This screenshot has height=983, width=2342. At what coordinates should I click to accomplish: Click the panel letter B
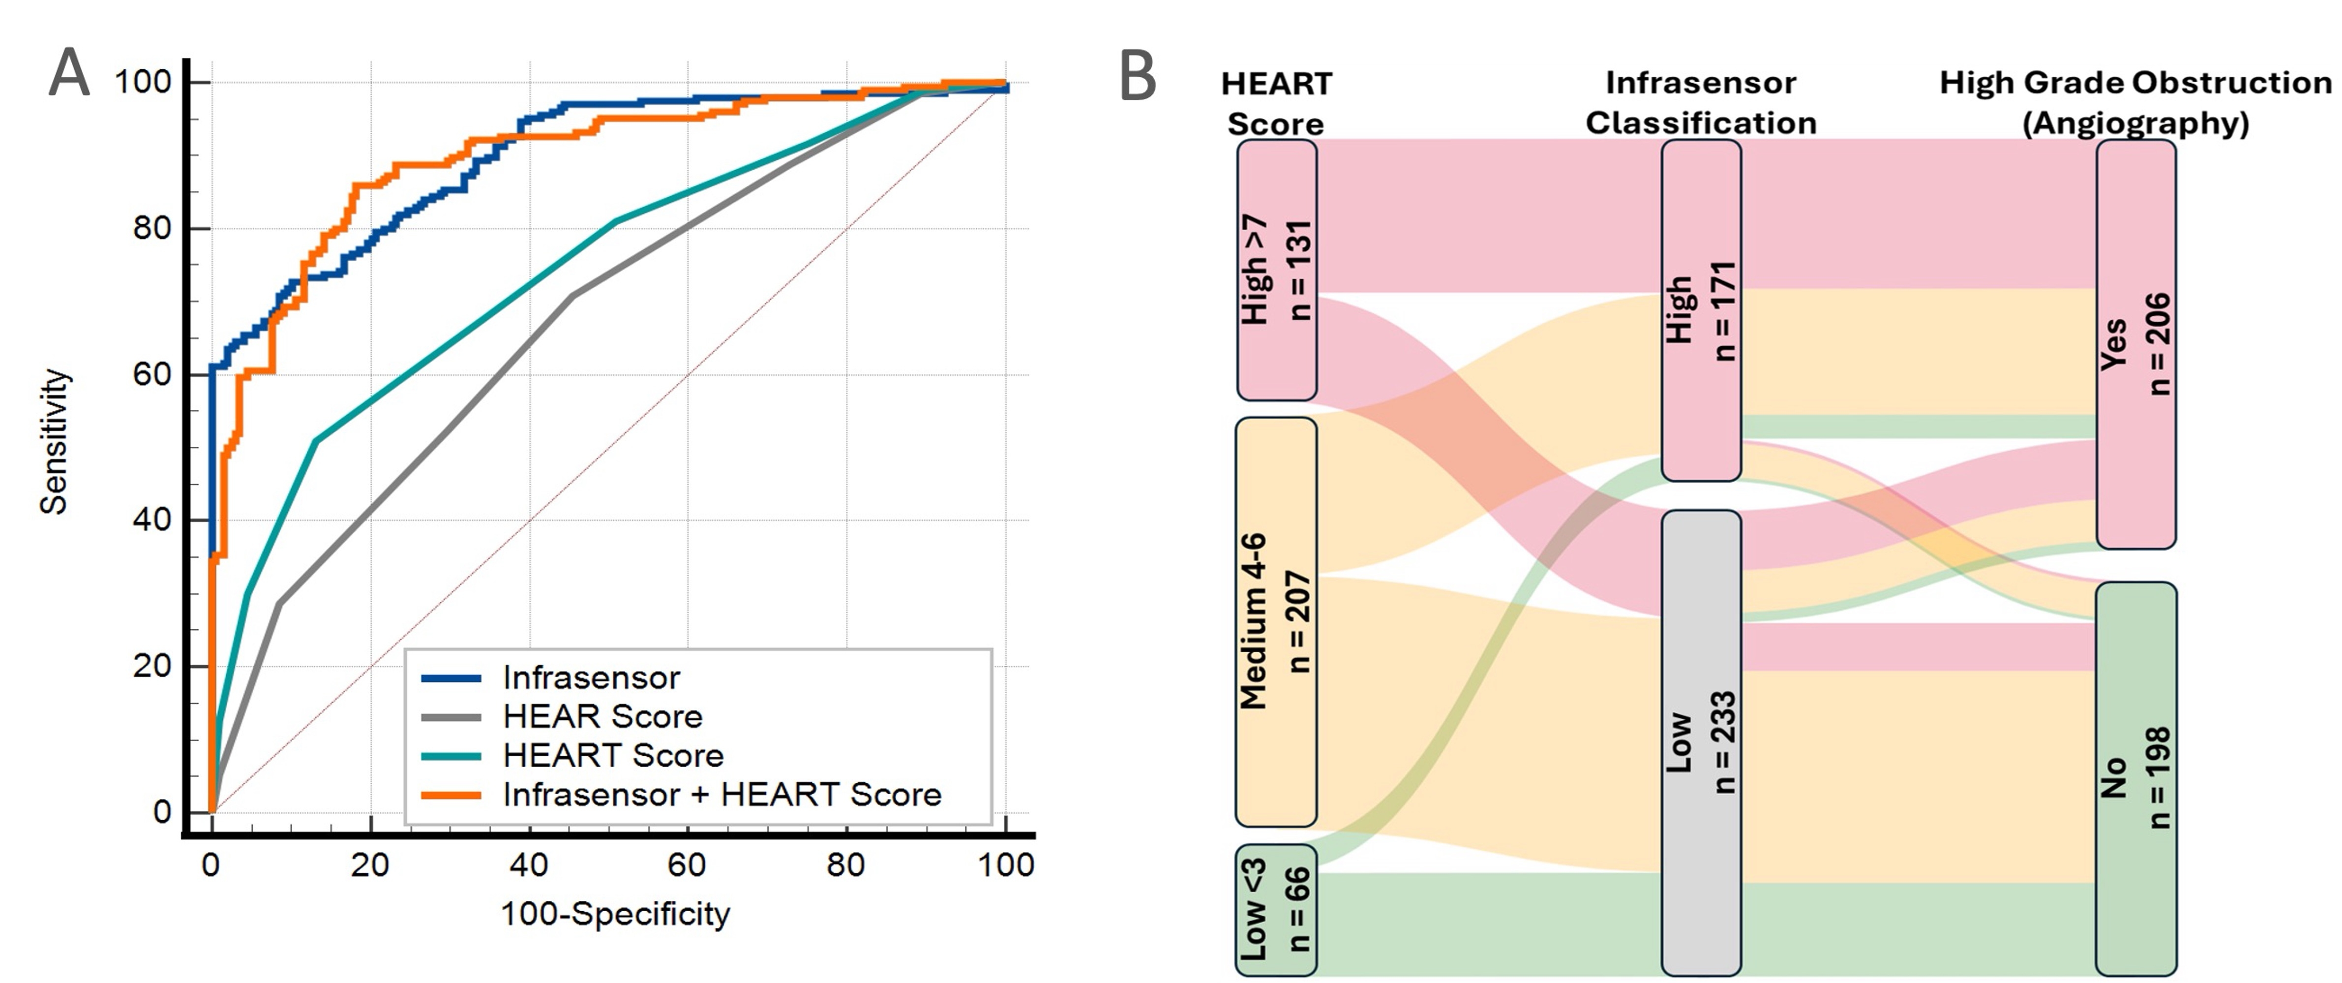click(1138, 76)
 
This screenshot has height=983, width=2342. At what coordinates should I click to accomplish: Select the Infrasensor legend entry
click(591, 677)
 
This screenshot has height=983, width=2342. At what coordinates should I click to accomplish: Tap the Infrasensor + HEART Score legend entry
click(722, 795)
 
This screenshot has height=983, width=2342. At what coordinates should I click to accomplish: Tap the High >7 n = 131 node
click(1276, 270)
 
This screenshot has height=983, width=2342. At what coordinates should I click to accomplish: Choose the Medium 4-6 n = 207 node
click(1276, 622)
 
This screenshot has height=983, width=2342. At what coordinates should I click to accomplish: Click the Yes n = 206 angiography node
click(2135, 344)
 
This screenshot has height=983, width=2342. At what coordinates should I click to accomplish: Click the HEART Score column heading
click(1276, 103)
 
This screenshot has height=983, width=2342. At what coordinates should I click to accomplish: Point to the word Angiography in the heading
click(2135, 123)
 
